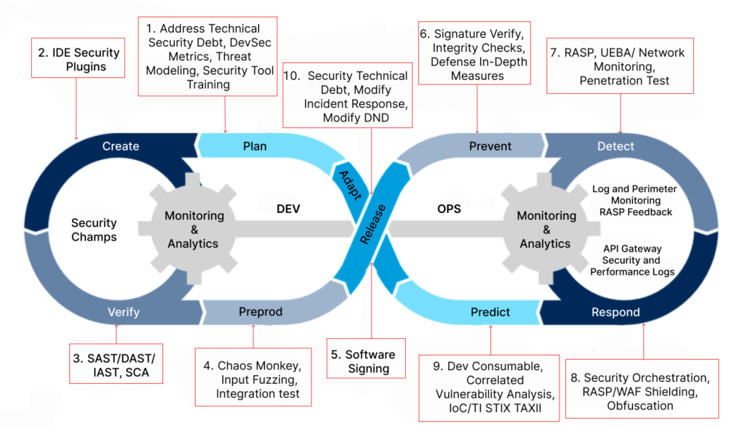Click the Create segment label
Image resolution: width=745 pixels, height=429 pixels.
(121, 146)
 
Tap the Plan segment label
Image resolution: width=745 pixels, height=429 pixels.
(255, 146)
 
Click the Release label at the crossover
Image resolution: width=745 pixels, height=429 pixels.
(372, 224)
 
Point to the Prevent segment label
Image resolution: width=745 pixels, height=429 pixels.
(490, 146)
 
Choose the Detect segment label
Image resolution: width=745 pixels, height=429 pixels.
(615, 146)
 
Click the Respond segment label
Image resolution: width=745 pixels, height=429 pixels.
(615, 312)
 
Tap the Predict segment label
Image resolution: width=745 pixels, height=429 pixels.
(490, 312)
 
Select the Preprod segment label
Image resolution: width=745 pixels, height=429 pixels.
(260, 312)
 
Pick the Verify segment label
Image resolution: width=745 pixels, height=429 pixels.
(124, 312)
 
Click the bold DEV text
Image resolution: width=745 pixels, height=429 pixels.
(288, 209)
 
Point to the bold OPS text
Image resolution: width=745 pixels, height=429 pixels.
(449, 209)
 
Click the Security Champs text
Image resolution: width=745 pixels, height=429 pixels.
(94, 230)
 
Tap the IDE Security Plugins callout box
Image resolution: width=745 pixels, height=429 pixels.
(79, 58)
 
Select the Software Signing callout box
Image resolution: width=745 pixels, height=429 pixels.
(367, 358)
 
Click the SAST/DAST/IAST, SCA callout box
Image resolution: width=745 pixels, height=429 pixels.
(116, 364)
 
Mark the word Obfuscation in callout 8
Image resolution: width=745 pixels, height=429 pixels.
(640, 406)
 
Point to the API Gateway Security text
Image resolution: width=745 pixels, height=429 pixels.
(632, 254)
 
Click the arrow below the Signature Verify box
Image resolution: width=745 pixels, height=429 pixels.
(477, 109)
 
